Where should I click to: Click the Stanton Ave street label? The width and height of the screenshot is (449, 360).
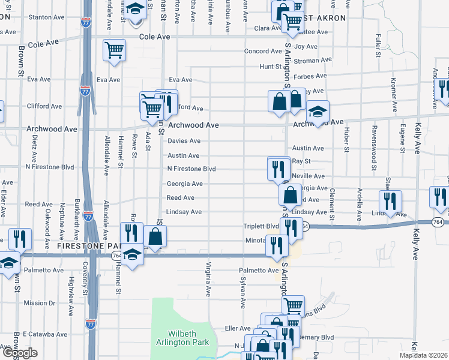coord(52,18)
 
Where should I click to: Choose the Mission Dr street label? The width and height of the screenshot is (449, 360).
coord(40,303)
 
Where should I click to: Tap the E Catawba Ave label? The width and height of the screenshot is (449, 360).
coord(43,334)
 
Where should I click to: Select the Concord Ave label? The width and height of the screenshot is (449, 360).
coord(263,51)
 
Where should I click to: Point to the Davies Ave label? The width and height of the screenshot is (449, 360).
coord(184,141)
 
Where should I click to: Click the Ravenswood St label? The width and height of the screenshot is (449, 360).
coord(373,149)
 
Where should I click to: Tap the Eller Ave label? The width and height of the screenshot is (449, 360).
coord(237,328)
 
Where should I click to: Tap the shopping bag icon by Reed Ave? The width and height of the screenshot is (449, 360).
coord(290,195)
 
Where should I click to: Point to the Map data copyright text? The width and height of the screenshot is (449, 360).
coord(424,355)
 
